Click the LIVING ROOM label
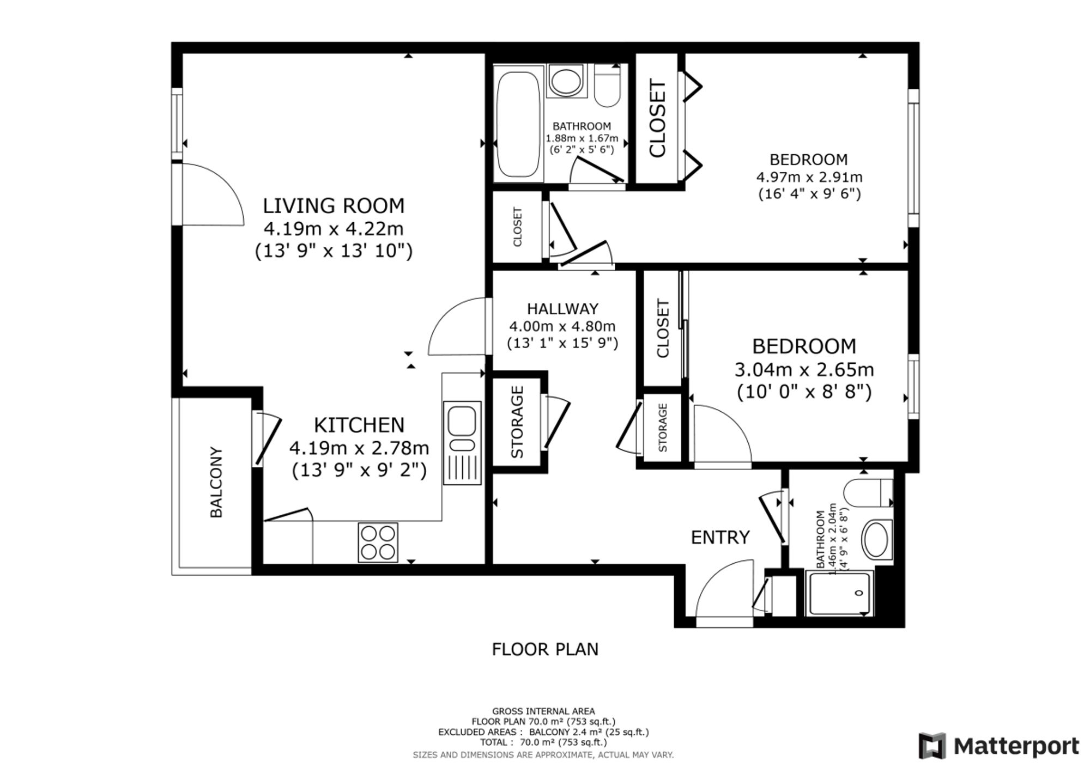click(x=334, y=206)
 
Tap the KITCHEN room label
click(x=359, y=425)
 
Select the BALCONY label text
click(x=216, y=483)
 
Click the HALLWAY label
click(x=562, y=309)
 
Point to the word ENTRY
click(x=720, y=538)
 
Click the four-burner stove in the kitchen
click(x=378, y=543)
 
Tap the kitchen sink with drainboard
click(x=462, y=443)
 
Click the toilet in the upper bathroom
click(x=607, y=86)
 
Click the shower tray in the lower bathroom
click(x=839, y=593)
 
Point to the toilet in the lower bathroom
click(x=868, y=493)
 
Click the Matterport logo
click(x=998, y=746)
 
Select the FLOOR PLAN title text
click(x=545, y=649)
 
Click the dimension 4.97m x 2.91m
click(x=809, y=177)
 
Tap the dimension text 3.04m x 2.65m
click(x=804, y=370)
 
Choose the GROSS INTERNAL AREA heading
click(x=543, y=711)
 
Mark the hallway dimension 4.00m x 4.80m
click(x=562, y=326)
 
